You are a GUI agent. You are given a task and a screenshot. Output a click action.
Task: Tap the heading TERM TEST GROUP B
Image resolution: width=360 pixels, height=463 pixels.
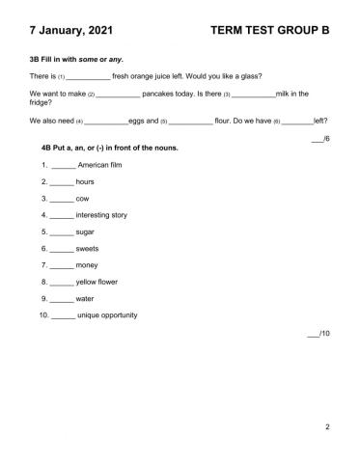[x=269, y=31]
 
